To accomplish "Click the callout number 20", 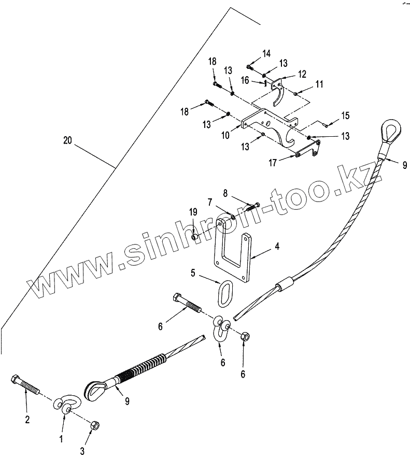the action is pos(67,140).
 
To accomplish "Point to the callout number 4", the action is pos(277,247).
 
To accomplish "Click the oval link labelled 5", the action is pos(227,293).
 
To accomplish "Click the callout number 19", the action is pos(193,211).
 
